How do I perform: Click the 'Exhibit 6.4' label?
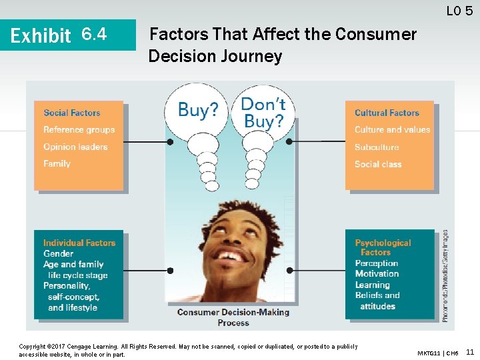click(x=59, y=34)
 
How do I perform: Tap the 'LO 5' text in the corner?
click(x=459, y=10)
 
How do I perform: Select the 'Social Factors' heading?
click(x=71, y=113)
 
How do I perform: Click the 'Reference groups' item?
click(x=79, y=129)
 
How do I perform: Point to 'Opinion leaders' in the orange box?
click(x=75, y=147)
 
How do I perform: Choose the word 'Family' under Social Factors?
click(x=57, y=163)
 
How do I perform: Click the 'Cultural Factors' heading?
click(x=387, y=113)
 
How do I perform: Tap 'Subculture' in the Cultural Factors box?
click(x=377, y=147)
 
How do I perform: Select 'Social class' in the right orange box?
click(x=378, y=164)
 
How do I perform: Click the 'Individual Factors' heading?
click(x=79, y=243)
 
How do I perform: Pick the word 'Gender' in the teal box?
click(x=58, y=253)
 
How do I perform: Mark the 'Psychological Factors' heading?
click(x=383, y=247)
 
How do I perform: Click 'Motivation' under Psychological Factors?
click(x=377, y=273)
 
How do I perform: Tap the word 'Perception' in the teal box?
click(x=376, y=263)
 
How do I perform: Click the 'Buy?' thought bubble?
click(x=198, y=110)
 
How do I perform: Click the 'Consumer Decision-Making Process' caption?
click(x=233, y=317)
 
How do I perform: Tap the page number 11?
click(x=470, y=351)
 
